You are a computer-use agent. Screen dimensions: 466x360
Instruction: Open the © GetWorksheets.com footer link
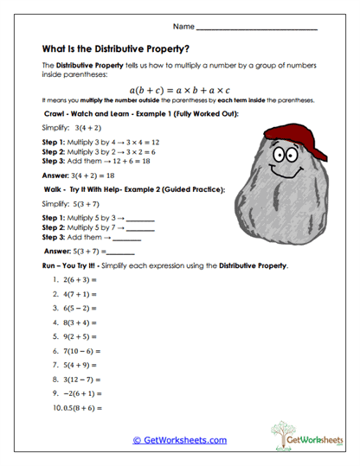(180, 440)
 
